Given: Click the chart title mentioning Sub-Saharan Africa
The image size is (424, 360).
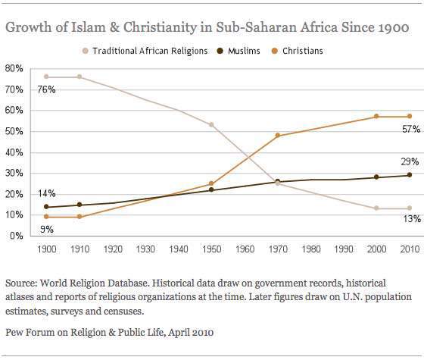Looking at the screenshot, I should click(x=207, y=28).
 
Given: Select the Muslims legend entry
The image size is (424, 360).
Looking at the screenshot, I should click(x=241, y=51).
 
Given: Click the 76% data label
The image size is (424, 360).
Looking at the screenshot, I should click(x=24, y=89).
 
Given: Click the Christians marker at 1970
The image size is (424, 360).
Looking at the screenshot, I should click(x=277, y=136).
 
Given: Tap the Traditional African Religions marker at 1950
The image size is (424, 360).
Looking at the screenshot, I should click(x=210, y=124).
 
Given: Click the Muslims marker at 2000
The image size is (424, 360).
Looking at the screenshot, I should click(x=377, y=177).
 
